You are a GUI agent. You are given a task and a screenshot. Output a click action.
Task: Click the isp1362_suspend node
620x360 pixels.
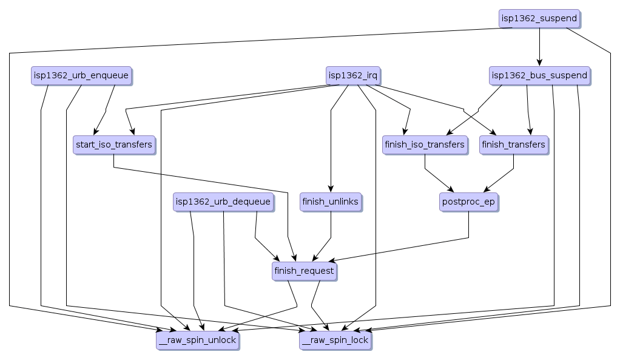[x=539, y=18]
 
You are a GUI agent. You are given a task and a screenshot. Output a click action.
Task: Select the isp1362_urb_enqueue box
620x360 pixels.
[x=81, y=76]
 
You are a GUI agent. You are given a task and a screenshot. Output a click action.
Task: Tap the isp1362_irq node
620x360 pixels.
[x=353, y=76]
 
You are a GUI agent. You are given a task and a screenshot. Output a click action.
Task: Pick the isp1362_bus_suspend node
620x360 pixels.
[x=539, y=76]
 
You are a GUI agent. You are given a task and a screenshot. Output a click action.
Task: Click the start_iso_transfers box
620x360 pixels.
[x=113, y=145]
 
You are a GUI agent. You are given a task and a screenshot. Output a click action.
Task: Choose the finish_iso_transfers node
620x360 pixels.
[x=425, y=145]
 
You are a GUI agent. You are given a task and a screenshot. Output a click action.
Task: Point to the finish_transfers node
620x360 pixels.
[x=513, y=145]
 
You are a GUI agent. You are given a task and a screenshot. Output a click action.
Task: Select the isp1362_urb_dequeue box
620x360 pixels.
[x=223, y=202]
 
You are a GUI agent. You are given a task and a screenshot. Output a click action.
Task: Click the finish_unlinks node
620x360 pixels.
[x=331, y=202]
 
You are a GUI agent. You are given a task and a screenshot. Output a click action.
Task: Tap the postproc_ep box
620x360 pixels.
[x=468, y=202]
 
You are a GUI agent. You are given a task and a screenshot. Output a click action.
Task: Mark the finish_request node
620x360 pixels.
[x=304, y=271]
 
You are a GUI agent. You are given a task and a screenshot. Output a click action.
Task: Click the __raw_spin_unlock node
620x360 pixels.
[x=197, y=341]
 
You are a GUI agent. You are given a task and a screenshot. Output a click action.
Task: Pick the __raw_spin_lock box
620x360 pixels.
[x=335, y=341]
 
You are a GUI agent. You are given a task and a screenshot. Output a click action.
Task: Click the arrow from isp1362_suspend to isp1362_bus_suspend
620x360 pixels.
[x=539, y=46]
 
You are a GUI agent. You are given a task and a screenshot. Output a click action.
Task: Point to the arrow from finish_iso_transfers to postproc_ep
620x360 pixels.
[x=438, y=179]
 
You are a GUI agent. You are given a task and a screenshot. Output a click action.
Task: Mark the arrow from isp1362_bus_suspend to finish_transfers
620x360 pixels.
[x=528, y=112]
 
